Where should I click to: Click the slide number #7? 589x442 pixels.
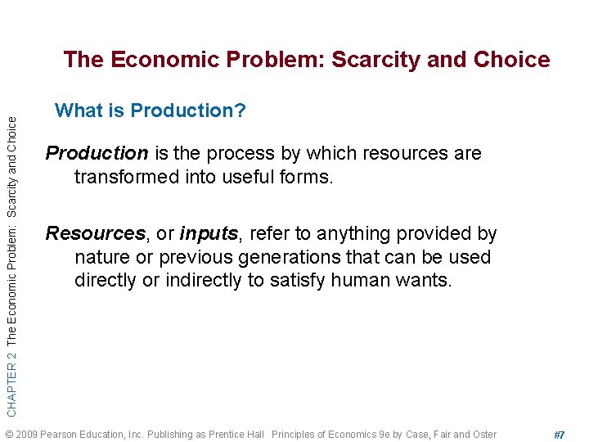tap(560, 435)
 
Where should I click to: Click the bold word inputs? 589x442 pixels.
tap(209, 234)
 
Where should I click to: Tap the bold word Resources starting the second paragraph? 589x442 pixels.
tap(95, 234)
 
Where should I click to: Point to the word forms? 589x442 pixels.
tap(308, 177)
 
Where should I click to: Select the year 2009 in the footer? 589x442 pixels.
tap(28, 435)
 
